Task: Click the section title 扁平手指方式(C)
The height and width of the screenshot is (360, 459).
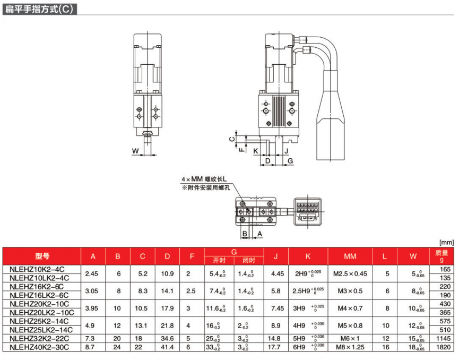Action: coord(39,9)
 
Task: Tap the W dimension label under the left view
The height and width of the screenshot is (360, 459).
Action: coord(135,151)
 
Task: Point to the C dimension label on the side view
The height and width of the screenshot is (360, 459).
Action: coord(232,139)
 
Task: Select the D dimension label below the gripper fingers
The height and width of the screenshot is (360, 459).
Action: coord(267,161)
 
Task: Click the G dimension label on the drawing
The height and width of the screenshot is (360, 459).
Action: coord(290,161)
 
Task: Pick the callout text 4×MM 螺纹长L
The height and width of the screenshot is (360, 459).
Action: coord(204,179)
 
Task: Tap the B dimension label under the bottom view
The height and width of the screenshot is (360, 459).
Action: coord(245,234)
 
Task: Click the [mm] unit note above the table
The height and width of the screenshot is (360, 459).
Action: coord(446,243)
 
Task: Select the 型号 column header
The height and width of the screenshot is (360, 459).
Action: coord(42,256)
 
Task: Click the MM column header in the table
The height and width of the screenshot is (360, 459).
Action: coord(350,256)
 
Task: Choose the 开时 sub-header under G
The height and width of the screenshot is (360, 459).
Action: coord(219,260)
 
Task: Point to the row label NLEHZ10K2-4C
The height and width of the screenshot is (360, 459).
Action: coord(37,269)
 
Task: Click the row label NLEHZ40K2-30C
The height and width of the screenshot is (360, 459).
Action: coord(39,347)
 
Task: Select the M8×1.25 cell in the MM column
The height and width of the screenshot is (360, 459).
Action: coord(350,347)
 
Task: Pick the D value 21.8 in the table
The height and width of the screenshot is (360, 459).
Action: coord(167,325)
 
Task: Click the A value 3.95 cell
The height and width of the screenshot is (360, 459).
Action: coord(91,308)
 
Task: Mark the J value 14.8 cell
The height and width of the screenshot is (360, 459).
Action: coord(274,338)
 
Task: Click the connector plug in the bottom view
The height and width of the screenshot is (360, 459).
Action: coord(308,211)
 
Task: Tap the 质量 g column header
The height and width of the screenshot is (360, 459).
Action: coord(441,256)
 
